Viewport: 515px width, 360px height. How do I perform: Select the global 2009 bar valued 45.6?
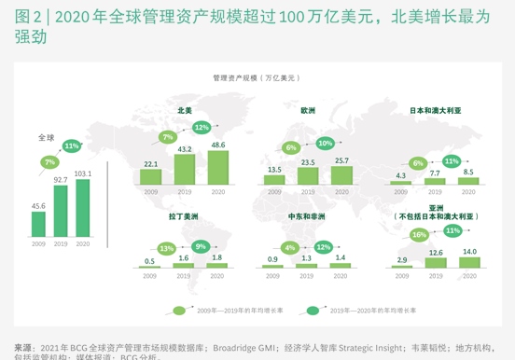pos(38,224)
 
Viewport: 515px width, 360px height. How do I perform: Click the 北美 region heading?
pos(185,110)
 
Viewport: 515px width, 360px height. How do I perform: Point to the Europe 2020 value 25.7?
pos(341,160)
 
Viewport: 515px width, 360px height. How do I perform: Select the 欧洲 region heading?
pos(308,110)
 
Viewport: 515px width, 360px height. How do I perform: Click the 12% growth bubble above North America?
pos(202,127)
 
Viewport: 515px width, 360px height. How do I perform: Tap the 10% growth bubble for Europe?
pos(325,144)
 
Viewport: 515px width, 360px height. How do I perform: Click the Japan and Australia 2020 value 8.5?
pos(467,173)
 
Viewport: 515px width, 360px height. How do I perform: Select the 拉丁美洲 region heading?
pos(184,216)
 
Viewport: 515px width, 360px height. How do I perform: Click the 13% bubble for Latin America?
pos(167,249)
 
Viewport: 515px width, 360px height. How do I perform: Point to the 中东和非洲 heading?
pos(307,216)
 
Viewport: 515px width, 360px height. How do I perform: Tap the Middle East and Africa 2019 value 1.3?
pos(307,257)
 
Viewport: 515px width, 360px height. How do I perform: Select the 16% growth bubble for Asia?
pos(419,235)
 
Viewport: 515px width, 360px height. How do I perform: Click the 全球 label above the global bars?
pos(47,137)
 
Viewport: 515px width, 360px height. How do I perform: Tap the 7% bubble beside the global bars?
pos(49,162)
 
